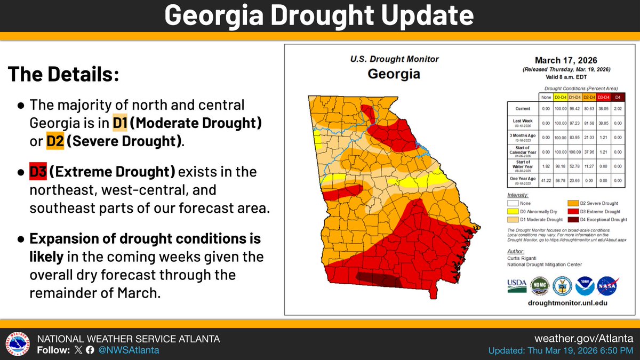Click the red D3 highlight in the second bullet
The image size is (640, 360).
[x=38, y=172]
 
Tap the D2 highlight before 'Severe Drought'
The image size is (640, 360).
[x=55, y=141]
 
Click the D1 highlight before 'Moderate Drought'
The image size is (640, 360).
[x=119, y=123]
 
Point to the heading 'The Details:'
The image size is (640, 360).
[x=62, y=74]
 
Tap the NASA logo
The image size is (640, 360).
[x=607, y=286]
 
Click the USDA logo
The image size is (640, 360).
[x=517, y=286]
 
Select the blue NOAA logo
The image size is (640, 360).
[x=585, y=286]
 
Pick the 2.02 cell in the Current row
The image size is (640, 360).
[x=618, y=108]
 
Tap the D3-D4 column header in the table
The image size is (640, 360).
[x=602, y=97]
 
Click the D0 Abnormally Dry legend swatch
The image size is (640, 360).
[x=514, y=211]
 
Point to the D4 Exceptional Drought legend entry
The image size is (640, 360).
[x=597, y=219]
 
